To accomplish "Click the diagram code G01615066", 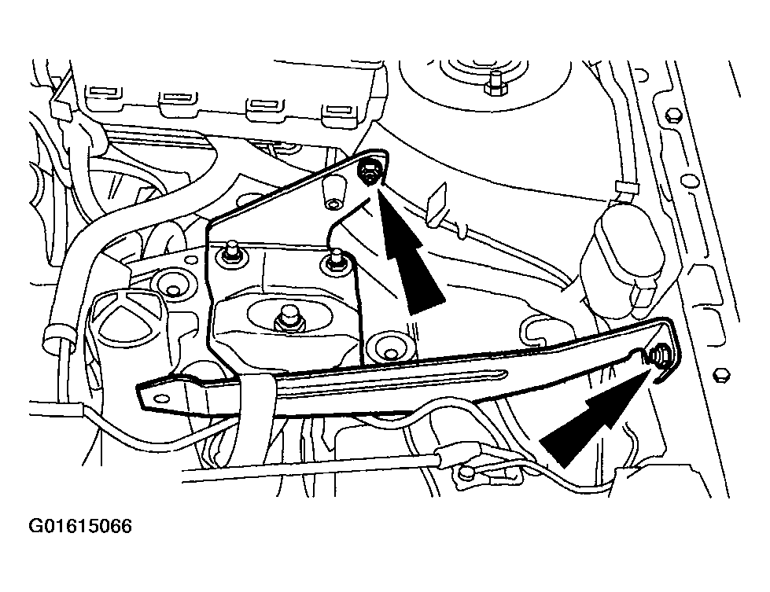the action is point(80,526).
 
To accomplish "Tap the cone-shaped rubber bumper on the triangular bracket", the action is point(334,194).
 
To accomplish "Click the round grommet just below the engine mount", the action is point(390,350).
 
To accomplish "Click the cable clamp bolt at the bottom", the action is point(466,472).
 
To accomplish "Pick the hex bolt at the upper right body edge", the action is point(672,116).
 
